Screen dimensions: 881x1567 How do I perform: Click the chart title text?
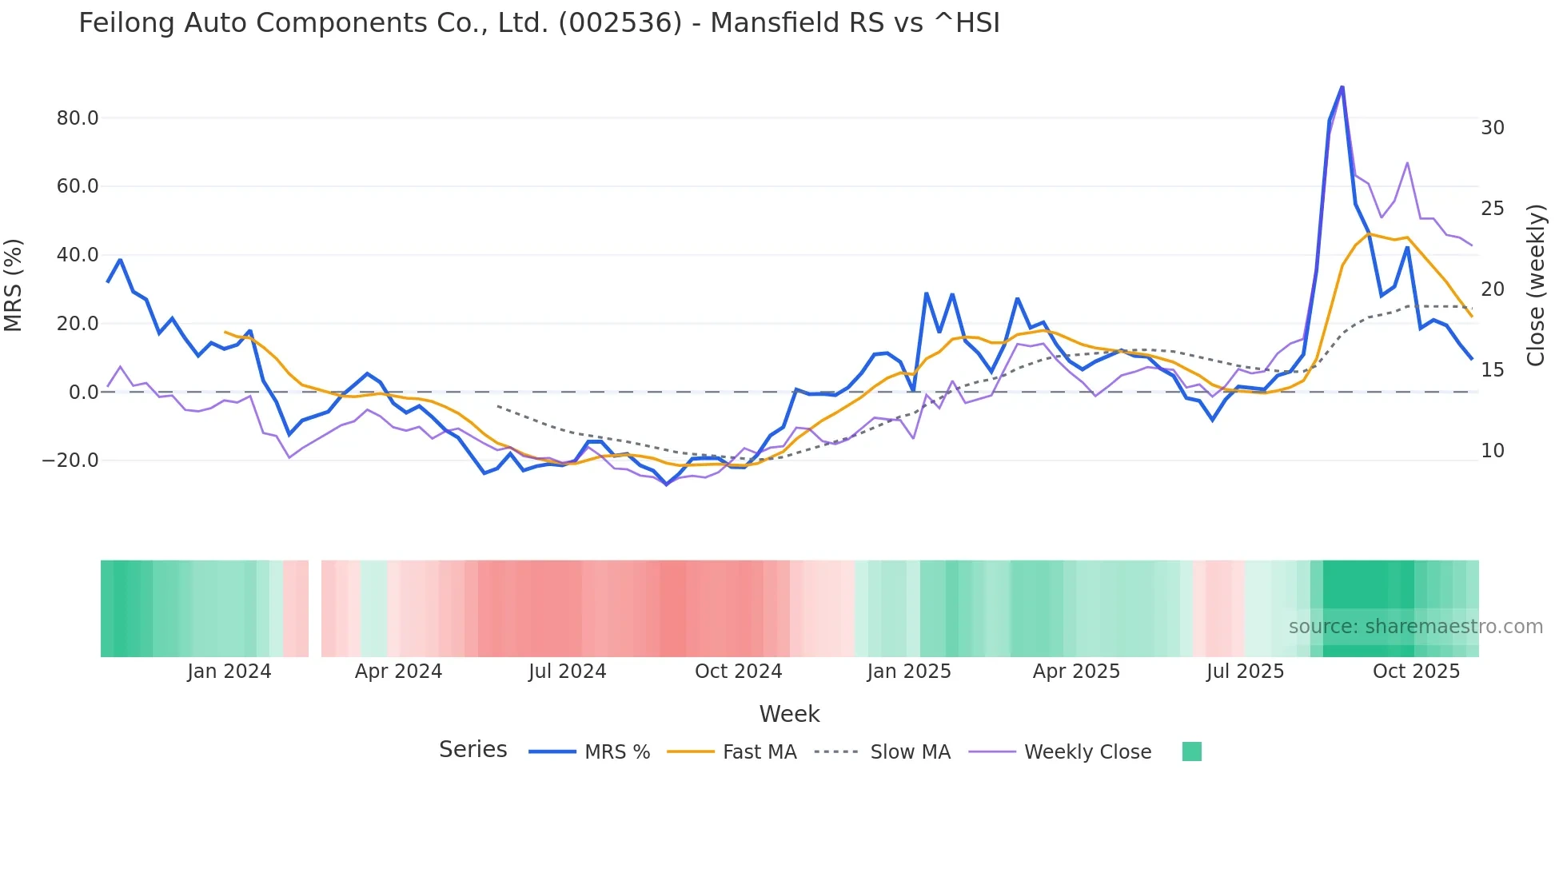[539, 23]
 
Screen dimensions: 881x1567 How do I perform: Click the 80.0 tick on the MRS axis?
[78, 118]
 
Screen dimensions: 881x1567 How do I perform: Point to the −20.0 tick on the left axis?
[71, 460]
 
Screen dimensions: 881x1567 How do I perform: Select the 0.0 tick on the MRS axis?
[83, 393]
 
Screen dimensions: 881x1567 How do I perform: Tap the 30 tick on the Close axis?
[1492, 128]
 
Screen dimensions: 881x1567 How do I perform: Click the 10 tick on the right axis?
[1492, 451]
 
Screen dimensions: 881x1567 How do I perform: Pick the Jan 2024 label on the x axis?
[229, 672]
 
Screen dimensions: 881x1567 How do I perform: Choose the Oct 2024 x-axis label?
[738, 672]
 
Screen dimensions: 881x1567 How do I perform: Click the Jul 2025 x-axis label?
[1245, 672]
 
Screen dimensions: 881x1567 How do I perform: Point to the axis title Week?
[789, 714]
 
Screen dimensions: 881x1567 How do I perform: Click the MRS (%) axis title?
[14, 285]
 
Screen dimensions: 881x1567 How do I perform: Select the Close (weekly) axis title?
[1535, 285]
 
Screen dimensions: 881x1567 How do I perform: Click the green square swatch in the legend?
[1191, 751]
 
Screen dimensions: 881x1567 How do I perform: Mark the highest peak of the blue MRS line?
[1342, 86]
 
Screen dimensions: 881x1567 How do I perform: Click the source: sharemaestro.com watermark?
[1415, 627]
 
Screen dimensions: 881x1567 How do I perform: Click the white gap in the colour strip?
[315, 608]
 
